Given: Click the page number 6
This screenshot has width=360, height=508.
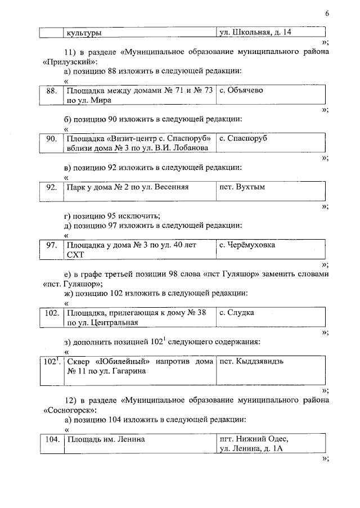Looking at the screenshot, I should click(326, 14).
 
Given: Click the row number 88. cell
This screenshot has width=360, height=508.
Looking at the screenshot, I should click(51, 91).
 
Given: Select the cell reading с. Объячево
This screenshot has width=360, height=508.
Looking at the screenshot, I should click(242, 91).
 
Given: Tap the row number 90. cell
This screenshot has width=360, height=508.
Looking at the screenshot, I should click(51, 138).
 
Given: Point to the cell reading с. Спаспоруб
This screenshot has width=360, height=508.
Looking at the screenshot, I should click(243, 138).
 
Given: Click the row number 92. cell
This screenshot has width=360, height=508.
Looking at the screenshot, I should click(51, 187).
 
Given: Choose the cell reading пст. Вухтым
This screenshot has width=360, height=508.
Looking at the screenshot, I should click(242, 187).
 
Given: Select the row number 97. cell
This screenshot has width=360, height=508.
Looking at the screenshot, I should click(51, 245).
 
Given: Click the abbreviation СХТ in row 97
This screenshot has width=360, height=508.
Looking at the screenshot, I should click(75, 255).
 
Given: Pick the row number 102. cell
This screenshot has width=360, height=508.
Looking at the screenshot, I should click(51, 313).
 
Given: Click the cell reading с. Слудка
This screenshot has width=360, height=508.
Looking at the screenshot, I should click(237, 313).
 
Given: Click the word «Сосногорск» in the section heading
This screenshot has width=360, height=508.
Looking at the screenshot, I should click(67, 411).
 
